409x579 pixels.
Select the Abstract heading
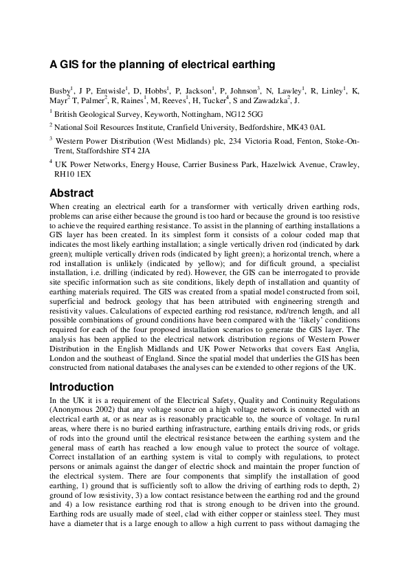(x=71, y=193)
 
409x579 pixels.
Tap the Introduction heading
(x=82, y=387)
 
